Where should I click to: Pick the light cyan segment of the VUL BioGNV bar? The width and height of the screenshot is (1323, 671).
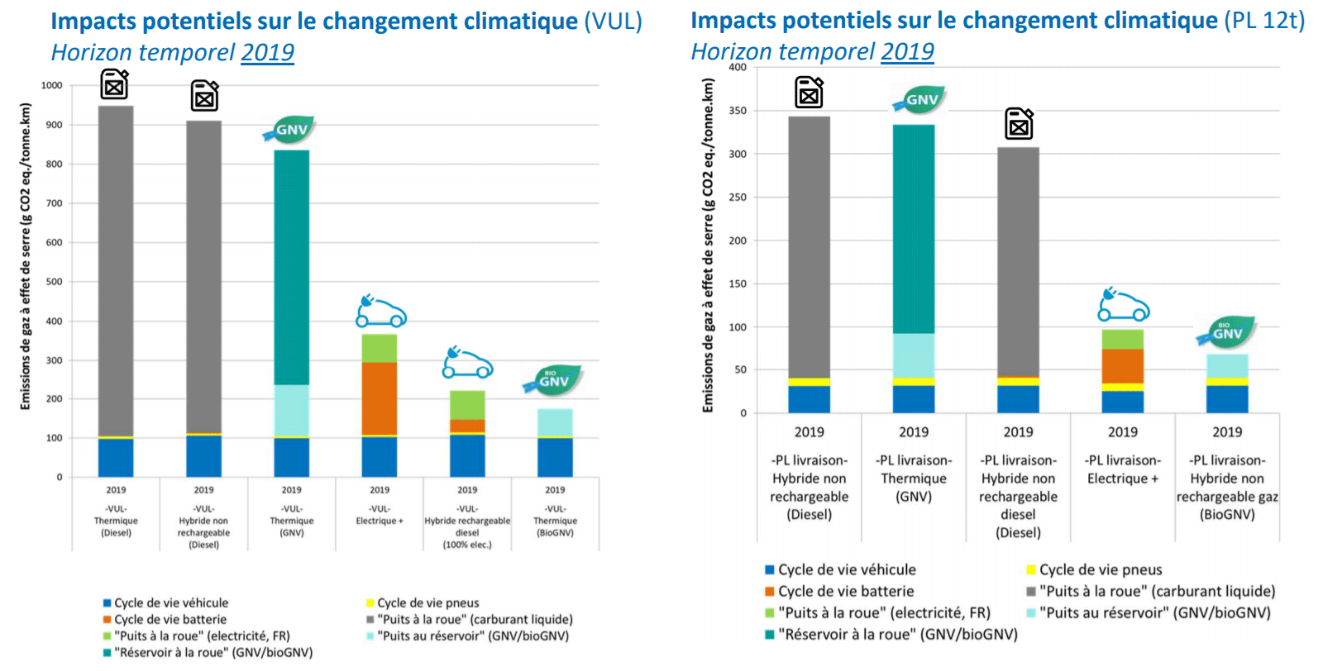555,422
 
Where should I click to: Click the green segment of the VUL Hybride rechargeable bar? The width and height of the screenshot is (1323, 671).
467,405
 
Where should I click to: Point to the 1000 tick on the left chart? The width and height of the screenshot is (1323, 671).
52,86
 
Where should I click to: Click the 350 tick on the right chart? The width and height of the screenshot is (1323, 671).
738,111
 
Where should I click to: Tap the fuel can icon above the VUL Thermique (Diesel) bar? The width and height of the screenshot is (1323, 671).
115,85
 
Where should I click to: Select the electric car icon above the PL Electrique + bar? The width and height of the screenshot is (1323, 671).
1123,306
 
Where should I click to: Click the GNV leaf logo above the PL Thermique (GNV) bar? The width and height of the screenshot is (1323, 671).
919,100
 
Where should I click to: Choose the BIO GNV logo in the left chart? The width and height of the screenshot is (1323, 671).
552,380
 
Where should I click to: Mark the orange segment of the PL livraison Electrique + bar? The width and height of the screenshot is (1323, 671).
1123,366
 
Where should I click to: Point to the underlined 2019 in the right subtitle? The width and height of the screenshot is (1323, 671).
907,52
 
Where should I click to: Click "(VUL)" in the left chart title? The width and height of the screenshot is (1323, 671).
613,21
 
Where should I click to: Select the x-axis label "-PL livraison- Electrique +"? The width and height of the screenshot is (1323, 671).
1123,469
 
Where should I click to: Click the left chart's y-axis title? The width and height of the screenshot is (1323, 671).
26,256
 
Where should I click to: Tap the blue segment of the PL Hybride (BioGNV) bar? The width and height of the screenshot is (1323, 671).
1227,399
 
